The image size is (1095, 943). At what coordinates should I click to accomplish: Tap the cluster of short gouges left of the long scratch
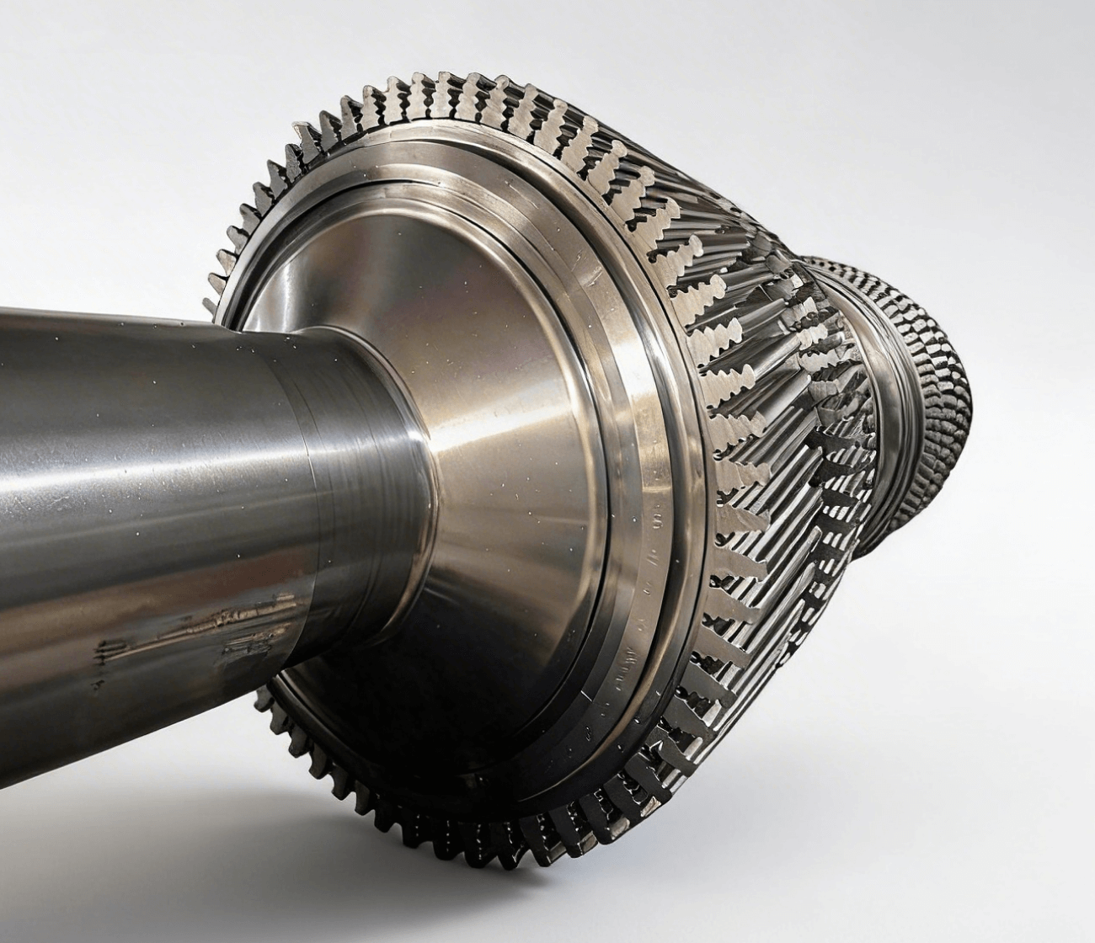tap(118, 648)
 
